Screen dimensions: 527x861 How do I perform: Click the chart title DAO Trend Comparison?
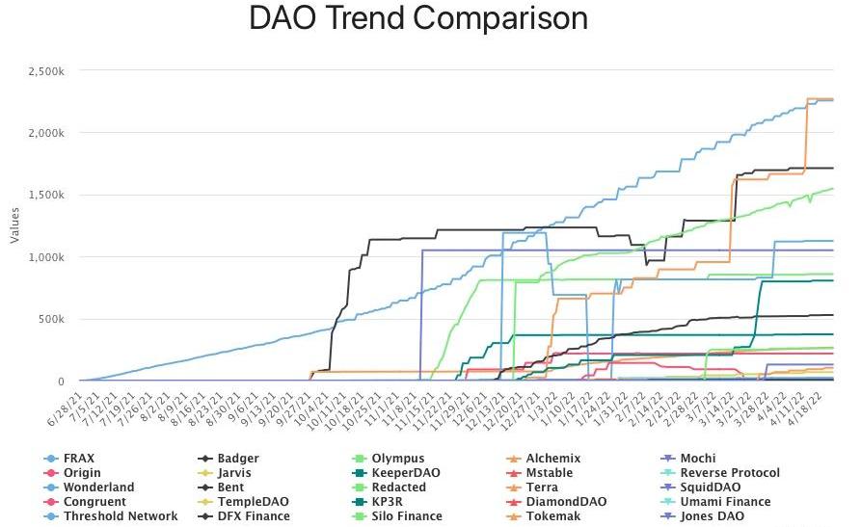(x=417, y=18)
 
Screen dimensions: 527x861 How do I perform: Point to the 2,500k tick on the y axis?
(x=46, y=70)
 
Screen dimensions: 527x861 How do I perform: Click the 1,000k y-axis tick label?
(x=46, y=257)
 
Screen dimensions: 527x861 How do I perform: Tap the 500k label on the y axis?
(x=51, y=319)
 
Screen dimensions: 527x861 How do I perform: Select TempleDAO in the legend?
(x=248, y=502)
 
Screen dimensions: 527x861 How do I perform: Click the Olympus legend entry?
(x=397, y=459)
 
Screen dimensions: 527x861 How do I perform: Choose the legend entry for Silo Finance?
(x=405, y=516)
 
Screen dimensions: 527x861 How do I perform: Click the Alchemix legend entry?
(x=552, y=459)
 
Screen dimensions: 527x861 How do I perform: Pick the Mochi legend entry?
(x=697, y=459)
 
